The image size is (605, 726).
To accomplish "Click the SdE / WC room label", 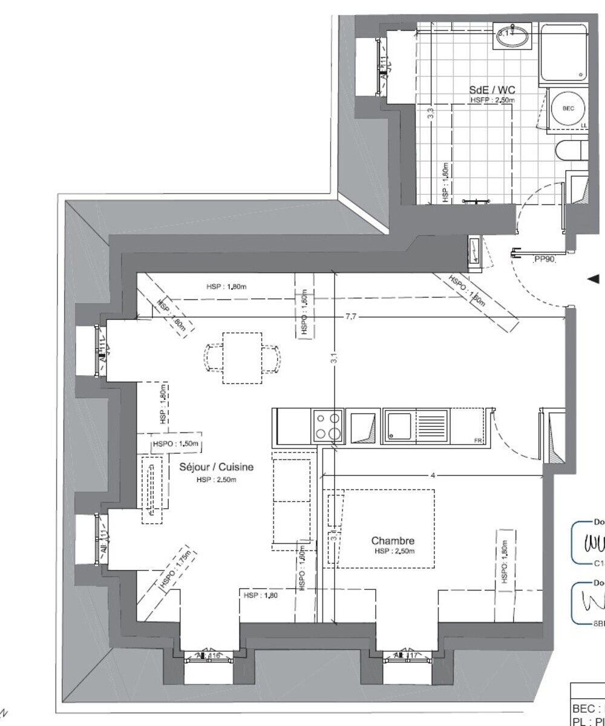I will pos(492,90).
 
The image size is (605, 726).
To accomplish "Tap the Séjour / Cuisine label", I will pos(217,467).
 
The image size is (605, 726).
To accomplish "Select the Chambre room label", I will pos(393,541).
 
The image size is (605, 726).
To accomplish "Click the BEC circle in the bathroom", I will pos(568,108).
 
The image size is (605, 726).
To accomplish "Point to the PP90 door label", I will pos(544,260).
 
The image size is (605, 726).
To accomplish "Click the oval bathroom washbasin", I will pos(512,35).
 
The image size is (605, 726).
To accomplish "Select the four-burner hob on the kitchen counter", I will pos(327,425).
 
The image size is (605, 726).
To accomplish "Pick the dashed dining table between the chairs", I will pos(242,358).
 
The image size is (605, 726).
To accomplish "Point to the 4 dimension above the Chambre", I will pos(433,476).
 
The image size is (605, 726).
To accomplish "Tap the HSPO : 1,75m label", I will pos(175,569).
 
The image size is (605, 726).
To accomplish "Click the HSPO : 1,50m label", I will pos(176,443).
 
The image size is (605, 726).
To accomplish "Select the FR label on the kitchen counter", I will pos(477,440).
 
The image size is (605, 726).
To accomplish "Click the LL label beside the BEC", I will pos(584,125).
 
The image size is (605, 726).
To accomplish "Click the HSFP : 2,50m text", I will pos(492,99).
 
